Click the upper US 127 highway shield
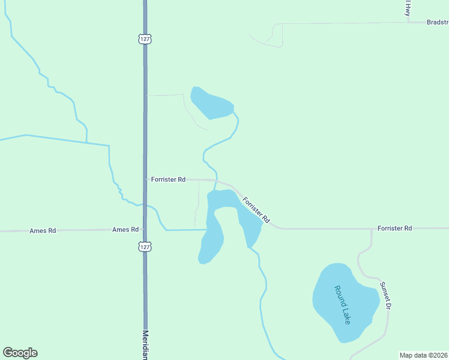tap(145, 39)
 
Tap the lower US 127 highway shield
tap(145, 247)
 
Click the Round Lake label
tap(342, 304)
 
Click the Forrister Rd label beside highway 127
tap(169, 179)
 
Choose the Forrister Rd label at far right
tap(394, 229)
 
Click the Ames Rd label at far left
tap(43, 230)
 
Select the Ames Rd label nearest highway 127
tap(125, 229)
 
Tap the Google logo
tap(20, 353)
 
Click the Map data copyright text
tap(423, 355)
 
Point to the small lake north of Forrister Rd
tap(210, 103)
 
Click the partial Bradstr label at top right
tap(437, 22)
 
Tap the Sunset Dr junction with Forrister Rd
tap(372, 229)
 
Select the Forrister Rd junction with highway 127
tap(145, 179)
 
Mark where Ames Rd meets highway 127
tap(145, 229)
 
